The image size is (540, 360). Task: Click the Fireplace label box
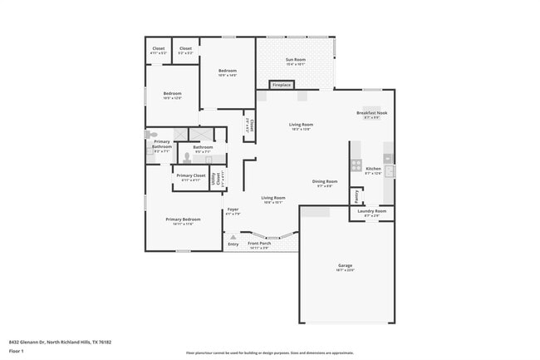tap(282, 85)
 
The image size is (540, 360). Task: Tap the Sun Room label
tap(296, 60)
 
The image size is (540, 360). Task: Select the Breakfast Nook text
tap(371, 113)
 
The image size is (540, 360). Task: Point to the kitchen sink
tap(389, 171)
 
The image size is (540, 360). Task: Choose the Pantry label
tap(357, 196)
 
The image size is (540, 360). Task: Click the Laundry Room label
tap(371, 211)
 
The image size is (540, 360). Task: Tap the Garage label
tap(345, 266)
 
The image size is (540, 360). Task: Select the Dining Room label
tap(324, 181)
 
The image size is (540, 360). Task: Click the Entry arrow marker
tap(233, 237)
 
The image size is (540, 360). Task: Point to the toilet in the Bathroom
tap(188, 158)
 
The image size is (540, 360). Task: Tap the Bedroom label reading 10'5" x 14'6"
tap(228, 72)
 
